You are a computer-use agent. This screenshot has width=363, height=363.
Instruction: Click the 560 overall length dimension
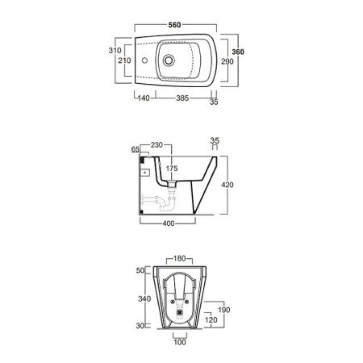tap(173, 25)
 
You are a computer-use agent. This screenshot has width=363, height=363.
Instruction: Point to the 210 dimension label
tap(124, 60)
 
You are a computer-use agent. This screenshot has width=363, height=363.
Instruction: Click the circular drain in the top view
tap(169, 60)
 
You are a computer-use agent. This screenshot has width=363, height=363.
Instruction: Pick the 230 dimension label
tap(156, 144)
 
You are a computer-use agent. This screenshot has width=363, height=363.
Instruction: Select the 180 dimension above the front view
tap(180, 259)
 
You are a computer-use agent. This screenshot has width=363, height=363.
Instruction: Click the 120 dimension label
tap(211, 320)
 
